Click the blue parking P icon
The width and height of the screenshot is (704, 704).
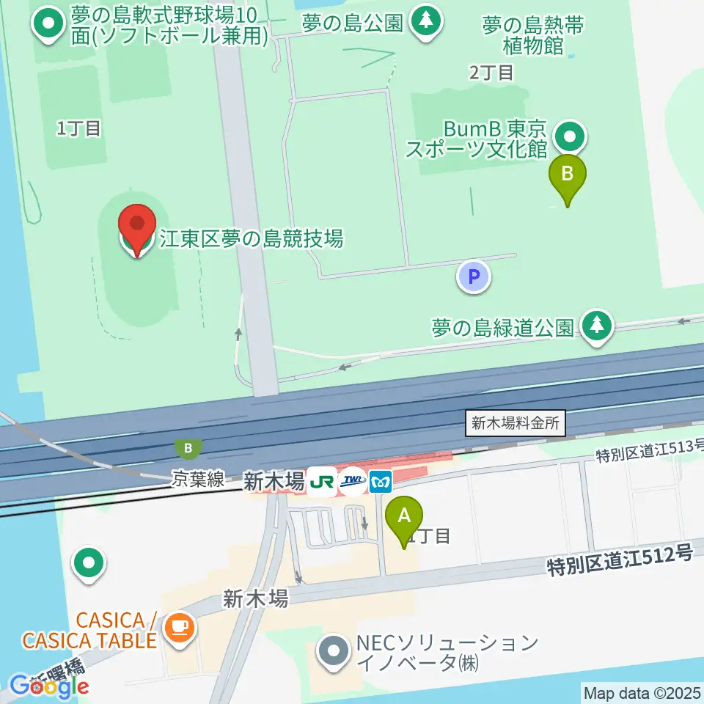pyautogui.click(x=473, y=277)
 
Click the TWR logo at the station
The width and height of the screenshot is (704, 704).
pyautogui.click(x=353, y=482)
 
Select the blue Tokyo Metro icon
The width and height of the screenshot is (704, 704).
pyautogui.click(x=381, y=482)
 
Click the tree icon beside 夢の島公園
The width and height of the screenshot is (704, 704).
pyautogui.click(x=425, y=21)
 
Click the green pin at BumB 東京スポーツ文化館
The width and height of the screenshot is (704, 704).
pyautogui.click(x=569, y=136)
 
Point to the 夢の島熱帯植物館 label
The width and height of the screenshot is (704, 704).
pyautogui.click(x=533, y=36)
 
